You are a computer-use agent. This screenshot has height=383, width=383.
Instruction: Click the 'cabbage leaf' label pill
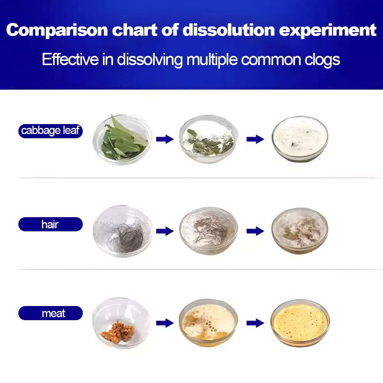pyautogui.click(x=51, y=131)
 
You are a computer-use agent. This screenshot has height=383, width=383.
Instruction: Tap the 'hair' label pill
pyautogui.click(x=51, y=224)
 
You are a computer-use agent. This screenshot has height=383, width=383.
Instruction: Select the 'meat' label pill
pyautogui.click(x=51, y=313)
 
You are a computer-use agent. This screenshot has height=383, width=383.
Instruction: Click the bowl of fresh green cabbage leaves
pyautogui.click(x=123, y=139)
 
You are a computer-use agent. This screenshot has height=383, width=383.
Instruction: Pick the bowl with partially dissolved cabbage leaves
pyautogui.click(x=208, y=139)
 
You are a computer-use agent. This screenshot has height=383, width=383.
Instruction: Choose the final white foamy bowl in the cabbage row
pyautogui.click(x=300, y=139)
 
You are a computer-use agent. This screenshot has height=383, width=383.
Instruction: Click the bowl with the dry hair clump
pyautogui.click(x=123, y=231)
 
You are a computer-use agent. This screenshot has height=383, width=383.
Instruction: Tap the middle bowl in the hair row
pyautogui.click(x=209, y=231)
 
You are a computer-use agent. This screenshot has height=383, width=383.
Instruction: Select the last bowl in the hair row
pyautogui.click(x=300, y=231)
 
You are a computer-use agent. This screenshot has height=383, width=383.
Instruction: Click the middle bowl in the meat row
pyautogui.click(x=208, y=322)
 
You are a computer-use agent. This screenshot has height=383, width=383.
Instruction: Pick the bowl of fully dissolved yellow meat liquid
pyautogui.click(x=300, y=323)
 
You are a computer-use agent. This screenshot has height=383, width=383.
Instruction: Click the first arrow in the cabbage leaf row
pyautogui.click(x=165, y=139)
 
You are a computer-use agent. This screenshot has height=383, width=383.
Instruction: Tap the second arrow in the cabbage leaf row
pyautogui.click(x=255, y=139)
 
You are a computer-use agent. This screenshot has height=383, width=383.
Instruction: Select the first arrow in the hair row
pyautogui.click(x=165, y=231)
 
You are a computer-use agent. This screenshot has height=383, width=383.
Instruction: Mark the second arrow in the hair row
pyautogui.click(x=255, y=231)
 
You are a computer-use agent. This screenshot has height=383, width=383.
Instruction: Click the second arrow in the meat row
pyautogui.click(x=255, y=323)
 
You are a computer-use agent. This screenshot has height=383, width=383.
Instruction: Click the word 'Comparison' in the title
pyautogui.click(x=57, y=30)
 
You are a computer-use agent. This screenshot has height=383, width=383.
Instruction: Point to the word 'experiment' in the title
pyautogui.click(x=327, y=30)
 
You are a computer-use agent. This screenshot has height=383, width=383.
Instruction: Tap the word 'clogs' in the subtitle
pyautogui.click(x=322, y=60)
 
